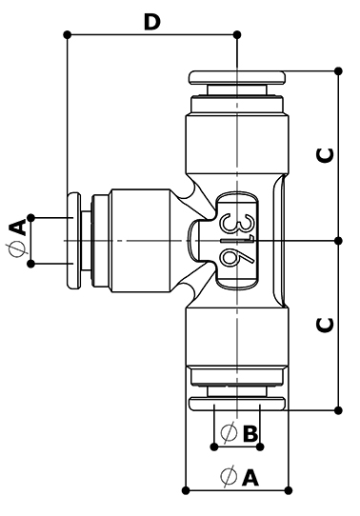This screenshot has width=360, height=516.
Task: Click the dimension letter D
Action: [x=152, y=22]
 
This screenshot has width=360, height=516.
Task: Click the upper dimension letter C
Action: [x=325, y=155]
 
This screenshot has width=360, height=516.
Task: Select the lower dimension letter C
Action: [x=325, y=326]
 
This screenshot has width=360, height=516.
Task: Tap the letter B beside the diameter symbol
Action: [x=250, y=433]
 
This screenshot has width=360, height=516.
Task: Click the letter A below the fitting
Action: [x=250, y=477]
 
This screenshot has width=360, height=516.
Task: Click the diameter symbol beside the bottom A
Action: [x=229, y=476]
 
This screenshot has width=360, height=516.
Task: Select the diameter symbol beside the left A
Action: [x=17, y=249]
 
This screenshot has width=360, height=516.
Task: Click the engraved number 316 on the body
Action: [x=237, y=241]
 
